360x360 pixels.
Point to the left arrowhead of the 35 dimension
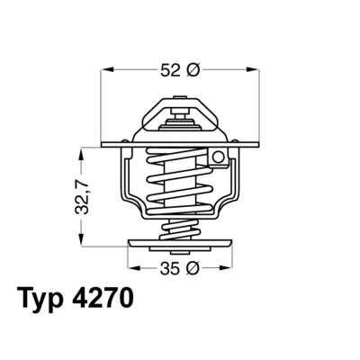pos(131,267)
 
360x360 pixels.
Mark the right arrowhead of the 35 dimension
pos(231,267)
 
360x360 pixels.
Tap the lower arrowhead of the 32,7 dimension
pos(83,242)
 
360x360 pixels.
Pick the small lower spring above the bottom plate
pos(181,228)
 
